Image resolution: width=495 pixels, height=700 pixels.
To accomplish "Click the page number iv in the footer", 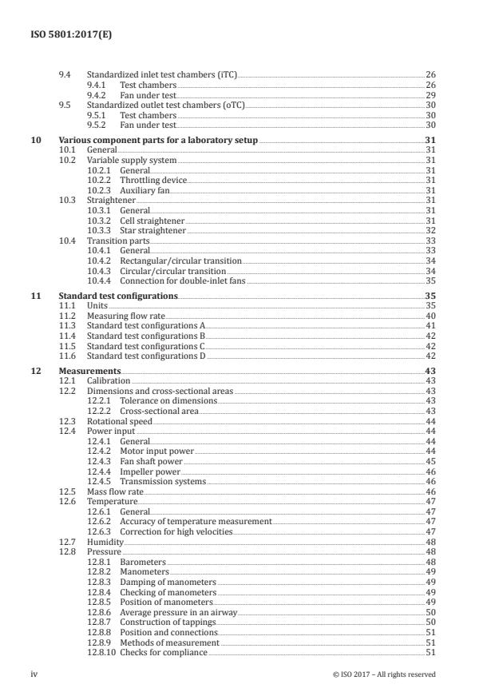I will pos(34,674).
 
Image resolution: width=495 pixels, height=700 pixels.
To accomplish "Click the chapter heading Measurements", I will pos(90,372).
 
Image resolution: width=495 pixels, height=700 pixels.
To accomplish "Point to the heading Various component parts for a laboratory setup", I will pos(156,140).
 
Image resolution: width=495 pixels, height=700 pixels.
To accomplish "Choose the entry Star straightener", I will pos(152,229).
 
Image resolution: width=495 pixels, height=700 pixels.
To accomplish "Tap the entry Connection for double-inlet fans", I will pos(182,280).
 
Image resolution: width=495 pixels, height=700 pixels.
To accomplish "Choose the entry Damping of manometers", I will pos(168,582).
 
